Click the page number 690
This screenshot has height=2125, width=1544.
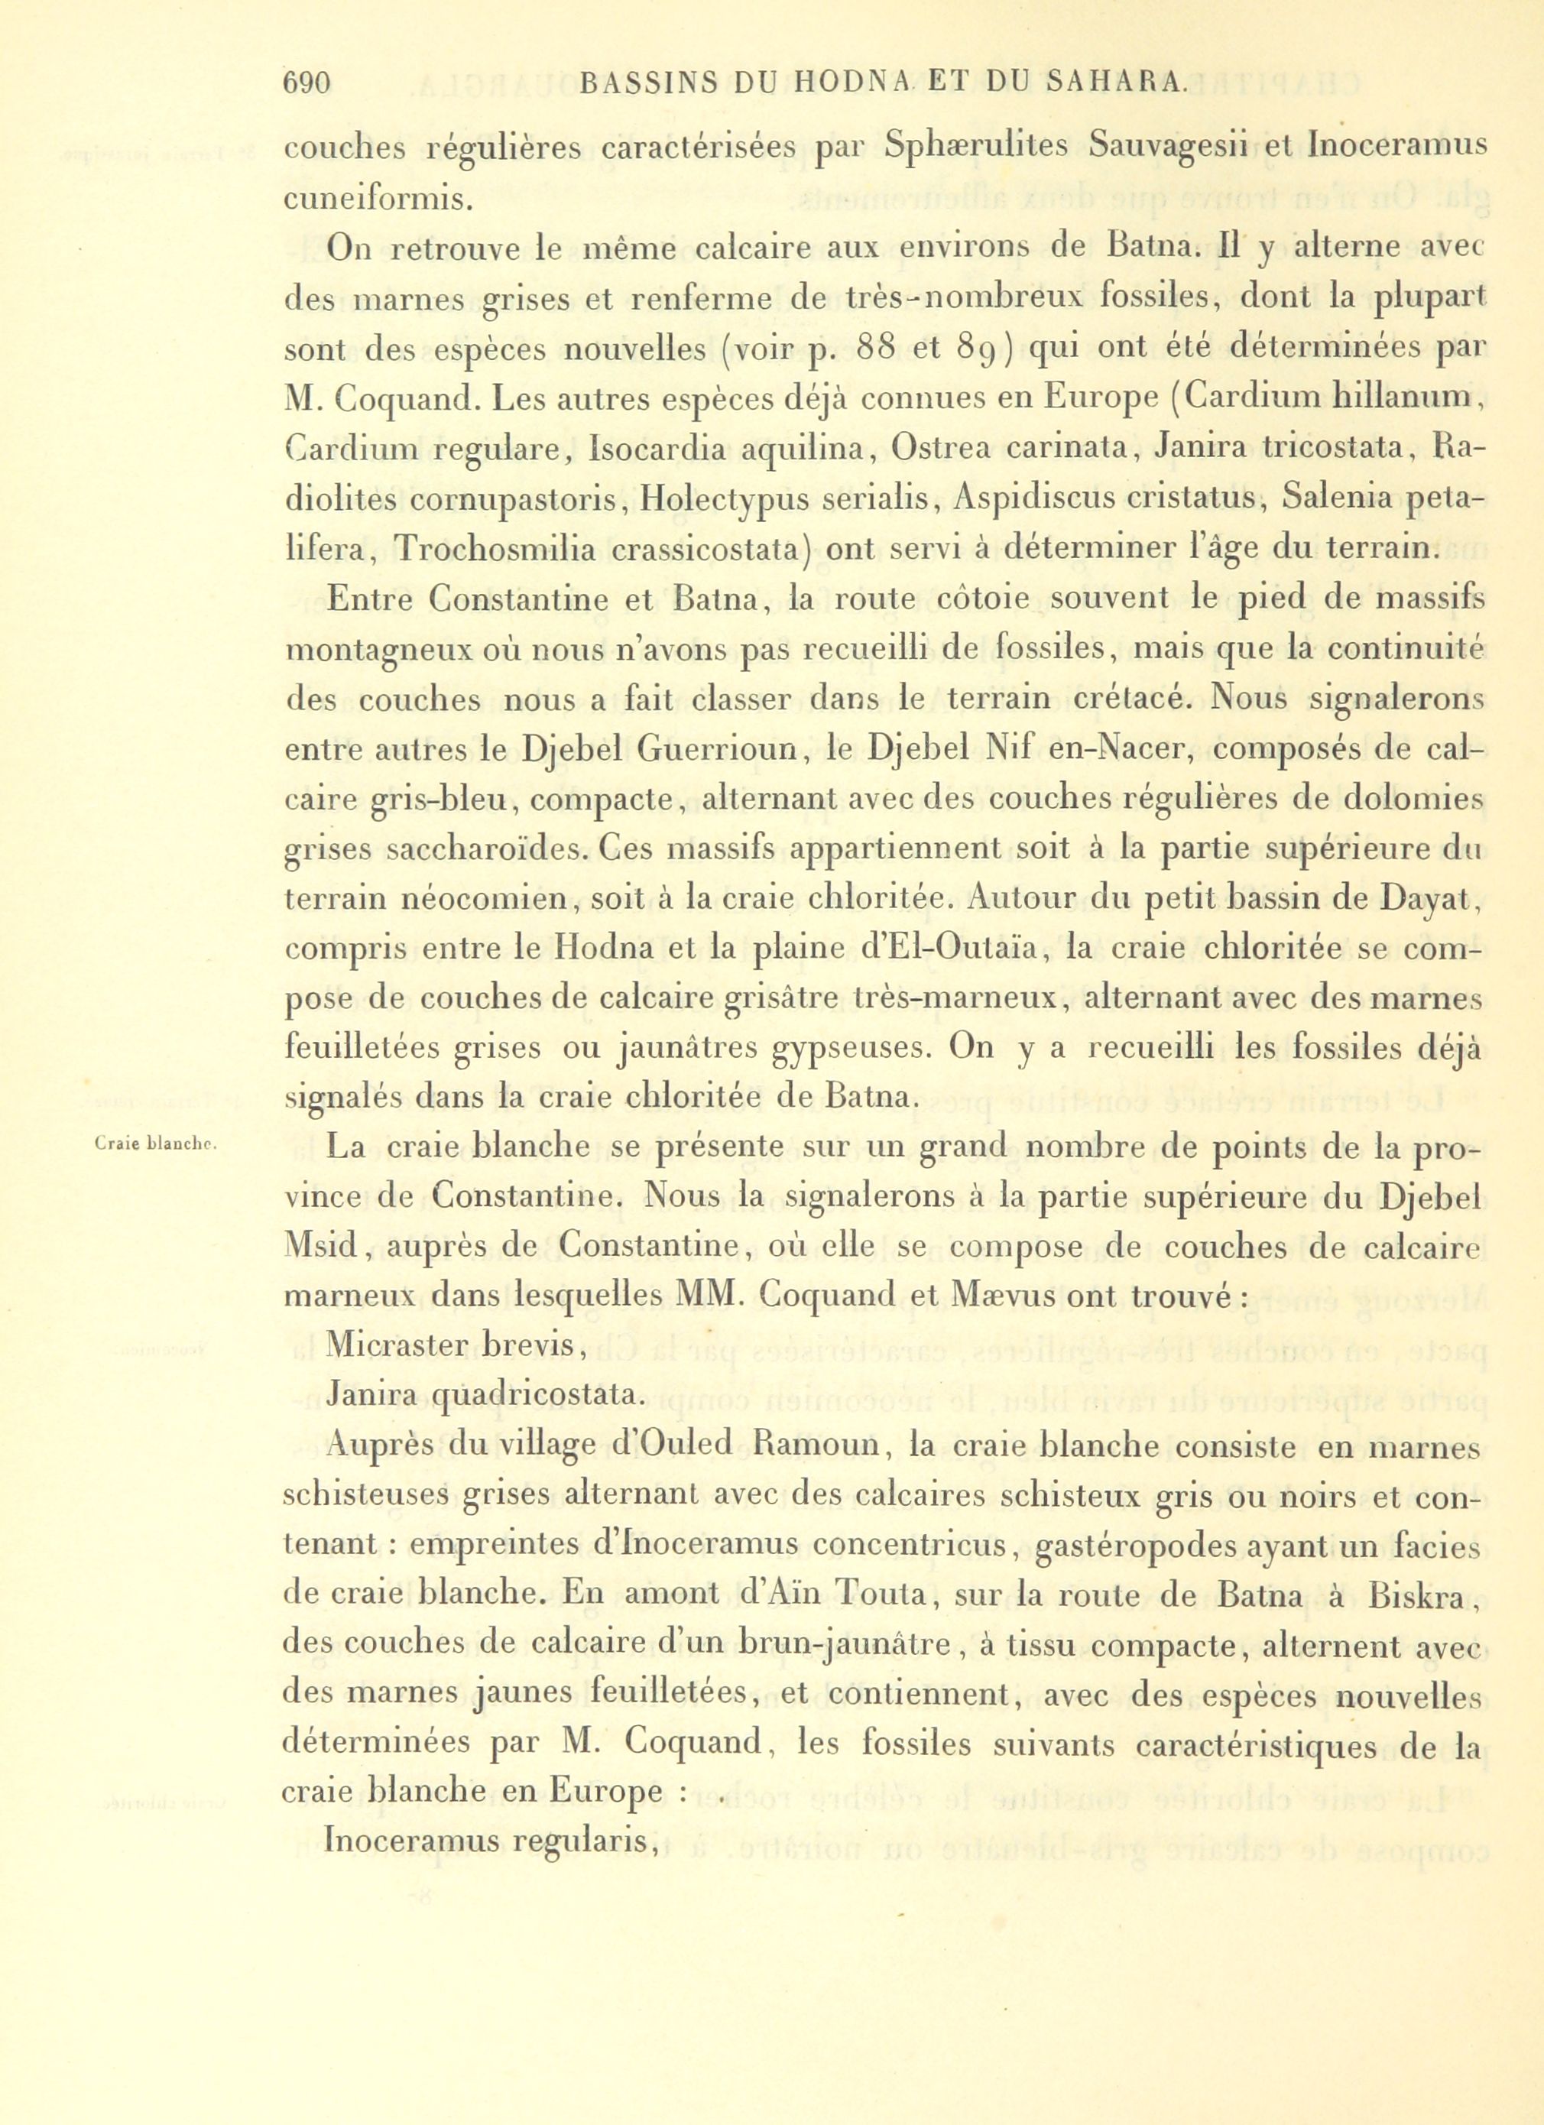click(308, 86)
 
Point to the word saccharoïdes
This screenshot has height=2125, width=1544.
click(434, 850)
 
